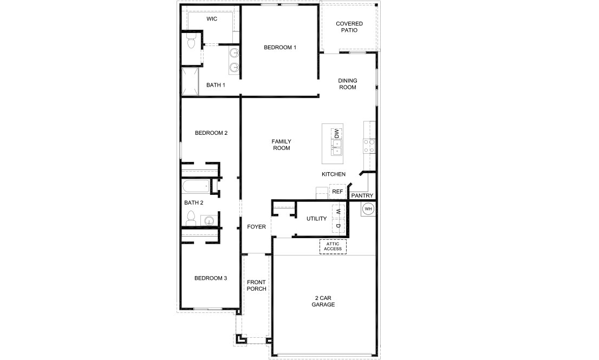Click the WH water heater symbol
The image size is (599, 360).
[x=368, y=208]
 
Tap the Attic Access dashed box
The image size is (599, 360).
[x=333, y=246]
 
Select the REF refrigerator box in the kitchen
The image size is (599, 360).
[x=337, y=192]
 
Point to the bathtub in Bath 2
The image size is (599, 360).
[x=195, y=187]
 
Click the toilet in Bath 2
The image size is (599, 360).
[x=190, y=219]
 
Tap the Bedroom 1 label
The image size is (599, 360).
[x=280, y=48]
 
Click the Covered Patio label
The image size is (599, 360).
[x=349, y=27]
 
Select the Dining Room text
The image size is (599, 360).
[x=347, y=84]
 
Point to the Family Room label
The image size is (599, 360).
[x=281, y=145]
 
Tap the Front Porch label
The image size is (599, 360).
[x=256, y=285]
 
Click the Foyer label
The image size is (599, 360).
[x=256, y=227]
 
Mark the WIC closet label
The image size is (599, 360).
[x=212, y=19]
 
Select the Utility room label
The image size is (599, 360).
[x=316, y=219]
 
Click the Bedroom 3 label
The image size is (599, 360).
[x=211, y=278]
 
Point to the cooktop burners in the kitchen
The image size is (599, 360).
[x=369, y=145]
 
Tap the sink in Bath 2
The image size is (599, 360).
[x=208, y=220]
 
